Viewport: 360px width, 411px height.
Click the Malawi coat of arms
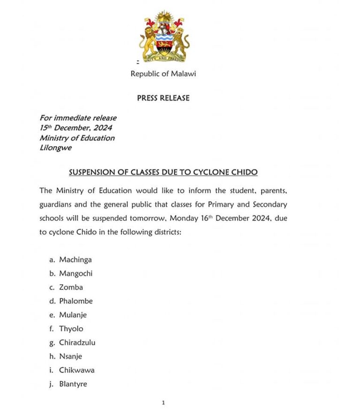coord(164,37)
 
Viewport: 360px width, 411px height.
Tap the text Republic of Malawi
coord(163,74)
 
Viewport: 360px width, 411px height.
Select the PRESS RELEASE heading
coord(163,98)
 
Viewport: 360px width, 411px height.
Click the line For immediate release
coord(78,118)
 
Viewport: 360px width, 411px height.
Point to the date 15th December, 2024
coord(75,128)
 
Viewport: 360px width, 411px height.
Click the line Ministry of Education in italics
coord(77,138)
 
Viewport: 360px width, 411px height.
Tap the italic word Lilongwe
coord(55,148)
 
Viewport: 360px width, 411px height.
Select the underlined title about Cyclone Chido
coord(163,172)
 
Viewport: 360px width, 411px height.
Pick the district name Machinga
coord(75,259)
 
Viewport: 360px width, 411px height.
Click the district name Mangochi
coord(75,274)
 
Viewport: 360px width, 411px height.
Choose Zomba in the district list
coord(71,287)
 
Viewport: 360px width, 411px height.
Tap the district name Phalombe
coord(76,301)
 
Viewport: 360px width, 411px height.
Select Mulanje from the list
coord(73,315)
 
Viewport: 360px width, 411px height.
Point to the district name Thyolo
coord(71,328)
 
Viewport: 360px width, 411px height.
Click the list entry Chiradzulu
coord(77,342)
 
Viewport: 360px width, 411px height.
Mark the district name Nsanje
coord(70,356)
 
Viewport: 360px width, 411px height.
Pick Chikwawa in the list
coord(76,370)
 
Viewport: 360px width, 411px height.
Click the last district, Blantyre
coord(73,384)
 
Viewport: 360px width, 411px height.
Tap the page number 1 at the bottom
coord(163,403)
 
